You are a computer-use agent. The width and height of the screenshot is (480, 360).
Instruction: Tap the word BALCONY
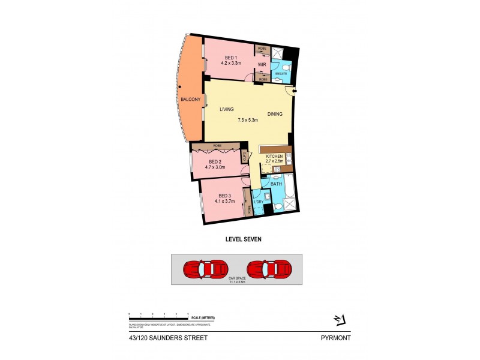[190, 99]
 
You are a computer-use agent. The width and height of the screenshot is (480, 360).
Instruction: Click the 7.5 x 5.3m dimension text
[247, 120]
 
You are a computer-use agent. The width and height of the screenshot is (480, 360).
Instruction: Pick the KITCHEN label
[274, 157]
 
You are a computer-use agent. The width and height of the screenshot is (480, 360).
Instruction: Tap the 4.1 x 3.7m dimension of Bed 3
[225, 201]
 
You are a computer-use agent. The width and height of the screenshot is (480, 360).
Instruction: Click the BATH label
[276, 184]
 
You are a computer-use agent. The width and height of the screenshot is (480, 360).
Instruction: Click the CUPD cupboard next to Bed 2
[245, 157]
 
